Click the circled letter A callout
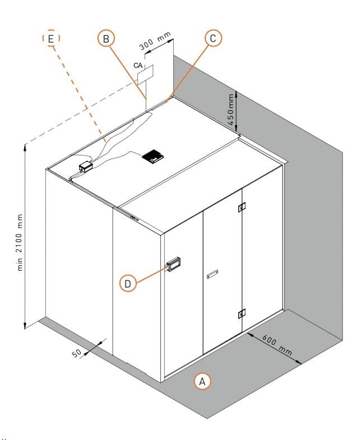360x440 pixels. pyautogui.click(x=202, y=381)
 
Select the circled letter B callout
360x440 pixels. pyautogui.click(x=106, y=38)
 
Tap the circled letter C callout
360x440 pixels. pyautogui.click(x=213, y=38)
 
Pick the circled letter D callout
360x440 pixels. pyautogui.click(x=128, y=283)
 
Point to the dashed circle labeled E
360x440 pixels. pyautogui.click(x=51, y=38)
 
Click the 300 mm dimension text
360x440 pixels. pyautogui.click(x=155, y=41)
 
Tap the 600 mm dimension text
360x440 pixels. pyautogui.click(x=277, y=344)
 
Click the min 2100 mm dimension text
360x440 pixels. pyautogui.click(x=20, y=242)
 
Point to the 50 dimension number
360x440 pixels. pyautogui.click(x=77, y=353)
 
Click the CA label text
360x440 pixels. pyautogui.click(x=138, y=66)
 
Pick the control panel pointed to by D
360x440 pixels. pyautogui.click(x=174, y=265)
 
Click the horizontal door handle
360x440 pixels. pyautogui.click(x=213, y=274)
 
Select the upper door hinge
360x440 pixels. pyautogui.click(x=242, y=207)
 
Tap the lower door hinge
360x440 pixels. pyautogui.click(x=242, y=314)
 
